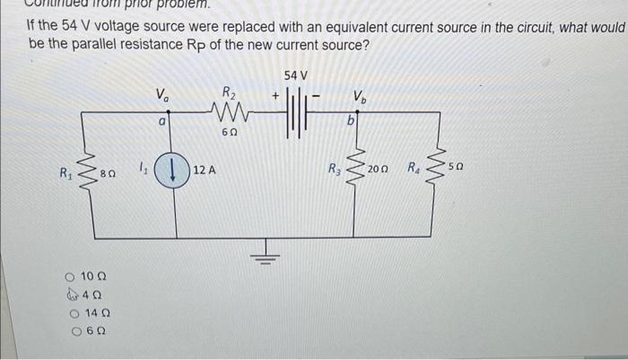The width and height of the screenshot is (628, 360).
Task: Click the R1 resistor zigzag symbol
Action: (88, 167)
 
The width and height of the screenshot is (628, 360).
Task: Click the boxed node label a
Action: (161, 119)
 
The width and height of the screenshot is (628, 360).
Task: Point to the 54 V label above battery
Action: (295, 74)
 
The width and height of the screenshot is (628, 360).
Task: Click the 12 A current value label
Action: (203, 169)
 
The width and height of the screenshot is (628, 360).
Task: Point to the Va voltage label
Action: (161, 92)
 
